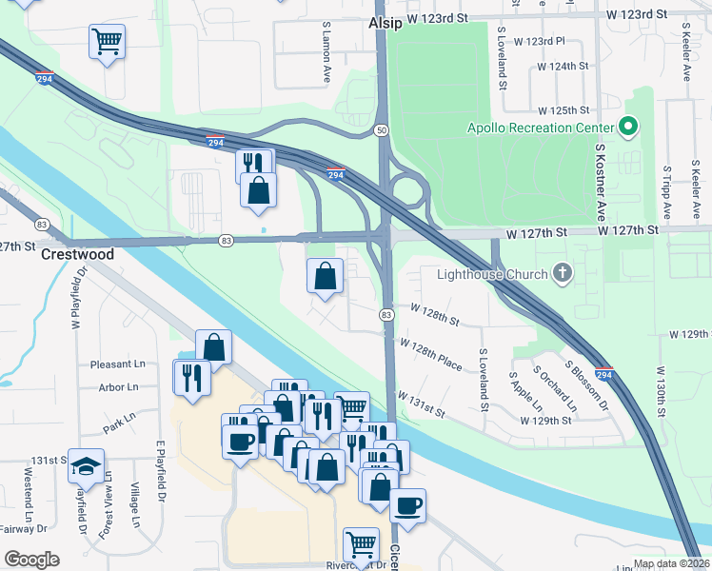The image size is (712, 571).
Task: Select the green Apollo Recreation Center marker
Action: pyautogui.click(x=628, y=127)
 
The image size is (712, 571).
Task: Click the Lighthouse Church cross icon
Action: pyautogui.click(x=563, y=275)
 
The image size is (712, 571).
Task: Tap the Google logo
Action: pyautogui.click(x=31, y=560)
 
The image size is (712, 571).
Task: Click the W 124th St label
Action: pyautogui.click(x=563, y=67)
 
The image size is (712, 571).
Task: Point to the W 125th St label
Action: pyautogui.click(x=564, y=111)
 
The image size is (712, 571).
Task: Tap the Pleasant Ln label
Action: pyautogui.click(x=118, y=364)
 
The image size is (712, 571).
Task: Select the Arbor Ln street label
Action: pyautogui.click(x=118, y=387)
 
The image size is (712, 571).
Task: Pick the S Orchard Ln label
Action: pyautogui.click(x=554, y=389)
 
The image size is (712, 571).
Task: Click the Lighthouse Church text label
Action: pyautogui.click(x=492, y=275)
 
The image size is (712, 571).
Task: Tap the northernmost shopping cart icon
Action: pyautogui.click(x=108, y=41)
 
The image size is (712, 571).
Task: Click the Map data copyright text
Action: pyautogui.click(x=671, y=563)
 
